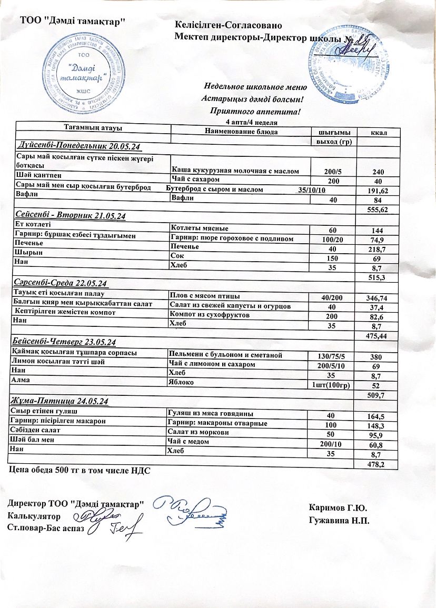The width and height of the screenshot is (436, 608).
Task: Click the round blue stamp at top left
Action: pyautogui.click(x=78, y=74)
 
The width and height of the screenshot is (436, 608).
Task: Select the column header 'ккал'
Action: pyautogui.click(x=379, y=133)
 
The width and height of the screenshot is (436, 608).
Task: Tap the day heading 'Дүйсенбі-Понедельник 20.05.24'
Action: pyautogui.click(x=80, y=145)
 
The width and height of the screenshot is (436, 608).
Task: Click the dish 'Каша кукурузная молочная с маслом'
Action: pyautogui.click(x=235, y=171)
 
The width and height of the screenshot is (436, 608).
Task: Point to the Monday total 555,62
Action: pyautogui.click(x=376, y=209)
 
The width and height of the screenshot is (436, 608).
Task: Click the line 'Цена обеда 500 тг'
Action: pyautogui.click(x=80, y=470)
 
